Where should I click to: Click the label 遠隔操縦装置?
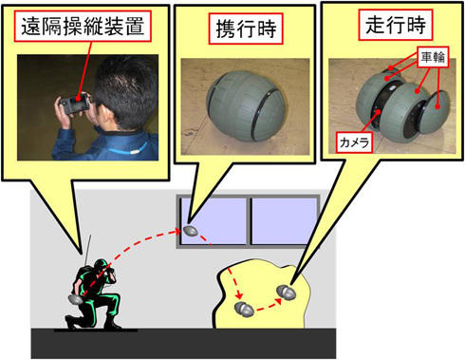(x=83, y=27)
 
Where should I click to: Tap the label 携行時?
(x=246, y=28)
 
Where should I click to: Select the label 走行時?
(x=396, y=25)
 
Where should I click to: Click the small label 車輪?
(x=433, y=57)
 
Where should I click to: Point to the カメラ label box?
(x=354, y=142)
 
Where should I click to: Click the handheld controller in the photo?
(x=75, y=103)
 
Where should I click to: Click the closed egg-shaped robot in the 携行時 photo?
(x=246, y=106)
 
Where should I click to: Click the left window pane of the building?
(x=214, y=221)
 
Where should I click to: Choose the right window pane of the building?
(x=284, y=221)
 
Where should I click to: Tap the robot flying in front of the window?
(x=190, y=231)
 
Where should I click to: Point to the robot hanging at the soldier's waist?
(x=76, y=299)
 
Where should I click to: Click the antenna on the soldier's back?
(x=87, y=250)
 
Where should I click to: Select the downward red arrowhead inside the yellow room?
(x=239, y=296)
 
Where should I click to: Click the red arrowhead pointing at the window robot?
(x=178, y=232)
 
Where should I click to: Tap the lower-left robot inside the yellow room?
(x=244, y=309)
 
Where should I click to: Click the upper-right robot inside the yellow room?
(x=287, y=292)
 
